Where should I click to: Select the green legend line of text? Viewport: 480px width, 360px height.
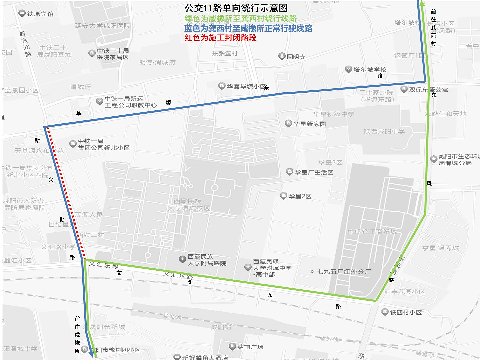pyautogui.click(x=240, y=18)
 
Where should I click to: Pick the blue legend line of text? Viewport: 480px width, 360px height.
pyautogui.click(x=248, y=28)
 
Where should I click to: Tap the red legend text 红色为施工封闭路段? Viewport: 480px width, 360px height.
pyautogui.click(x=220, y=38)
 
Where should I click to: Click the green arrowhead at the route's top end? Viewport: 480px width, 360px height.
pyautogui.click(x=422, y=3)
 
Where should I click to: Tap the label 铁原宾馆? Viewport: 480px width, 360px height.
pyautogui.click(x=40, y=14)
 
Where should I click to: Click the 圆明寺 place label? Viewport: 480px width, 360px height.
pyautogui.click(x=296, y=57)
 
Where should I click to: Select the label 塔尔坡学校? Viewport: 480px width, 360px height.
pyautogui.click(x=370, y=70)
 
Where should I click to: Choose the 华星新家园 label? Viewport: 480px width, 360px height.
pyautogui.click(x=309, y=124)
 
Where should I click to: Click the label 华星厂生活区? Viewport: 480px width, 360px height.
pyautogui.click(x=314, y=172)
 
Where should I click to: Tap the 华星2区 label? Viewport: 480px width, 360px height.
pyautogui.click(x=300, y=196)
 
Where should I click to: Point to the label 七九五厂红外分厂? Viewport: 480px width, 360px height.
pyautogui.click(x=344, y=272)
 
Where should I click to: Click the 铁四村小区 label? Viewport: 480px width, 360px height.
pyautogui.click(x=406, y=312)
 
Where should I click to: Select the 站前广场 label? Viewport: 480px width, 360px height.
pyautogui.click(x=250, y=347)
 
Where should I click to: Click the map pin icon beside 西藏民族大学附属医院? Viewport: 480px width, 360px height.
pyautogui.click(x=182, y=259)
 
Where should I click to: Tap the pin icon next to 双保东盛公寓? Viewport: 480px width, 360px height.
pyautogui.click(x=404, y=89)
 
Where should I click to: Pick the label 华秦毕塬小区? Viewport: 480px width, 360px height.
pyautogui.click(x=246, y=87)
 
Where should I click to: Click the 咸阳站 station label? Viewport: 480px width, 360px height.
pyautogui.click(x=221, y=327)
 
